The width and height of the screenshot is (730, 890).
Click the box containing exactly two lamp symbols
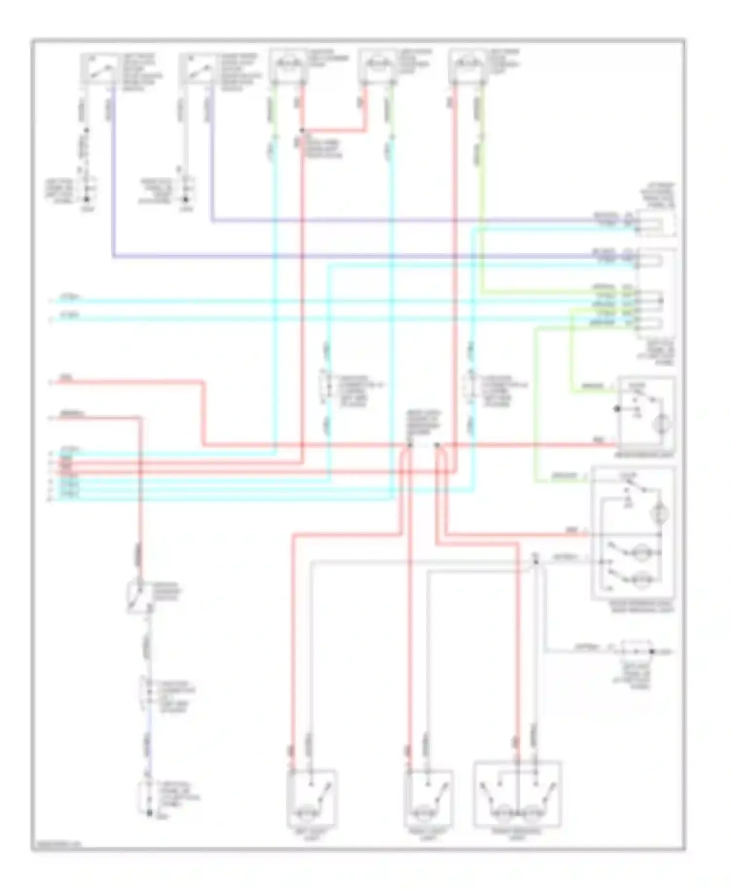517,794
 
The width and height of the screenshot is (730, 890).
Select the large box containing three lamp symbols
633,533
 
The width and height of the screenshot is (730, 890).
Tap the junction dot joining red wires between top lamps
302,130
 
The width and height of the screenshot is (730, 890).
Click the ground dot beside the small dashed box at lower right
653,651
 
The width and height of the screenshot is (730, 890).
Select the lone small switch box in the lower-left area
138,596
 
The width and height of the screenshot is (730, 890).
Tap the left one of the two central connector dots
410,445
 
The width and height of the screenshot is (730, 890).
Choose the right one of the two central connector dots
437,445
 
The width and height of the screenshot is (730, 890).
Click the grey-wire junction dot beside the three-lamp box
536,561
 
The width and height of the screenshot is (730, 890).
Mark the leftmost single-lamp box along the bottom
311,797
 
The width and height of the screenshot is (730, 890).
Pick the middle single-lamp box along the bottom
428,797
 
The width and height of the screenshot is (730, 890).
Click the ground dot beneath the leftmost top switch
87,199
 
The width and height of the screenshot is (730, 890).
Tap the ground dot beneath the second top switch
185,199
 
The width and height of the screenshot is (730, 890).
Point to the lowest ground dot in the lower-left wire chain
149,813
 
